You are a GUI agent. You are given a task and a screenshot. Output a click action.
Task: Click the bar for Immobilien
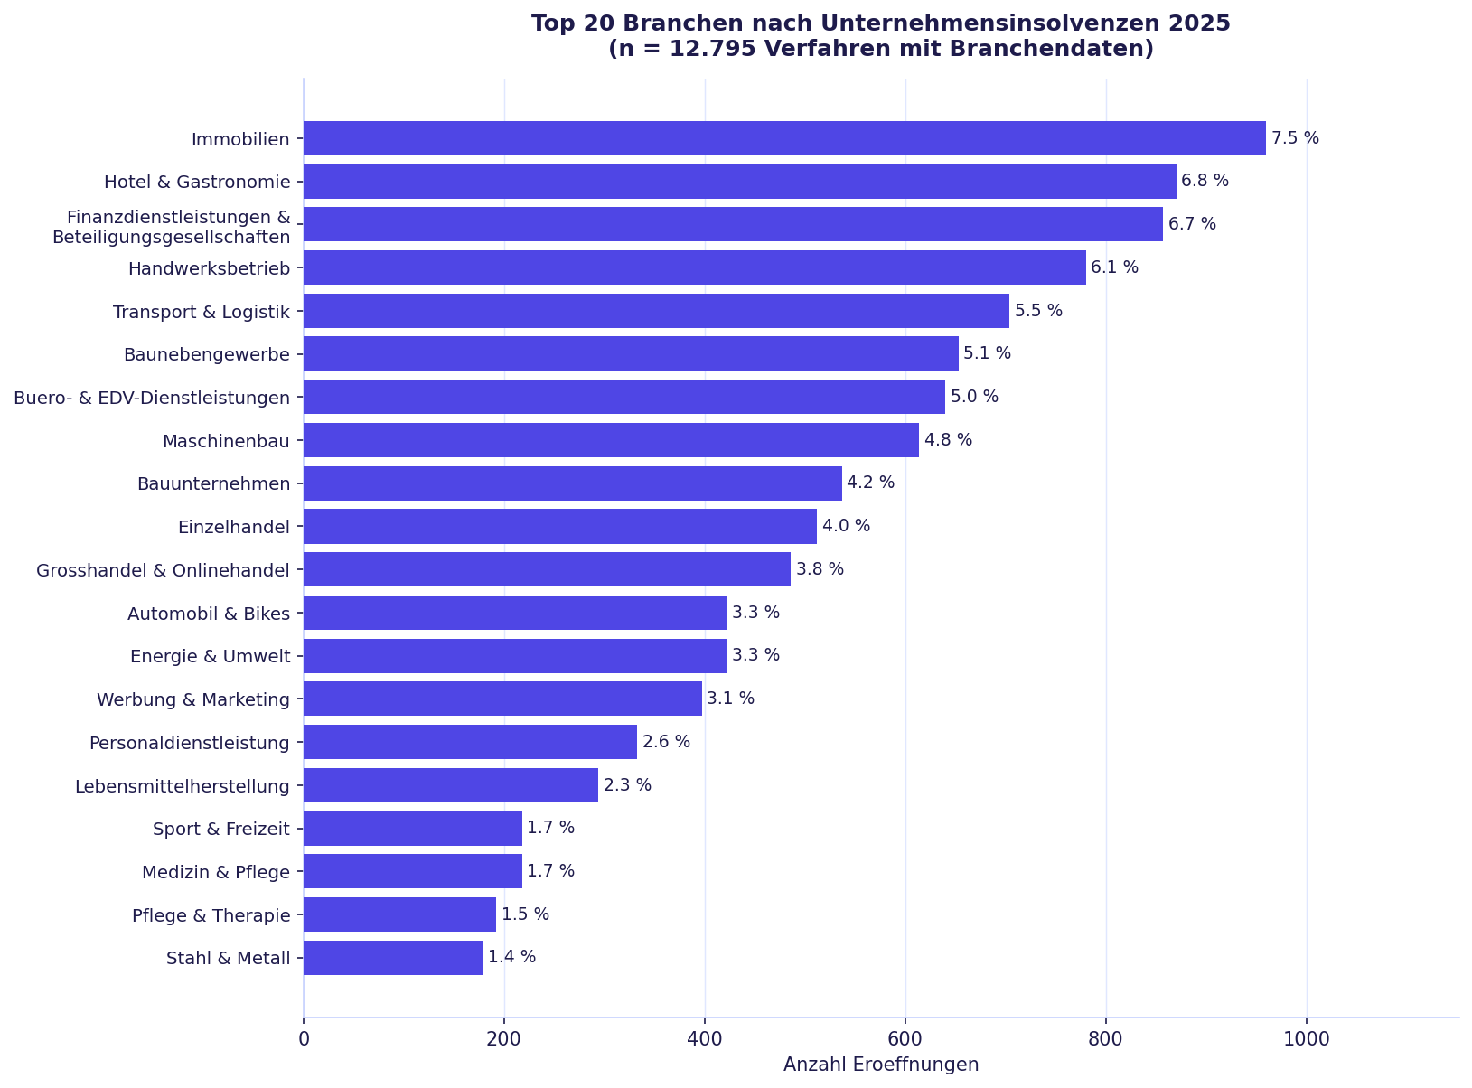pos(784,138)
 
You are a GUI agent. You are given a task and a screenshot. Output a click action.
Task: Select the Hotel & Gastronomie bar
pos(739,182)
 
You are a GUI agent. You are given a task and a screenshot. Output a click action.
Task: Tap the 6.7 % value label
pos(1192,224)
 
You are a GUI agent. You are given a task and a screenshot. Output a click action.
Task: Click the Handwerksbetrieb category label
pos(209,268)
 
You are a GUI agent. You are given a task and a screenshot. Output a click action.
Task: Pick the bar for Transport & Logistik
pos(656,311)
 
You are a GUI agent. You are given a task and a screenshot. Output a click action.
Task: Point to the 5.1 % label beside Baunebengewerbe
pos(987,353)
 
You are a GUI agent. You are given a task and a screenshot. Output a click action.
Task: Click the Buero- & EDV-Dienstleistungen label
pos(152,398)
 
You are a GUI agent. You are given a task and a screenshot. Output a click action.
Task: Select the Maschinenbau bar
pos(611,440)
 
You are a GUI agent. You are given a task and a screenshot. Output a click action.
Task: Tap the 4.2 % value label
pos(870,483)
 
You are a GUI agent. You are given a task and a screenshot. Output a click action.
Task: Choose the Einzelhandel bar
pos(560,526)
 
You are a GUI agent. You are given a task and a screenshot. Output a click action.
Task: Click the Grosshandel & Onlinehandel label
pos(163,570)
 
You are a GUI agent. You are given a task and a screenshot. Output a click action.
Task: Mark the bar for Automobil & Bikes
pos(515,613)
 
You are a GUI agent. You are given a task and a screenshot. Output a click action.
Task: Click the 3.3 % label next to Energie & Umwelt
pos(755,655)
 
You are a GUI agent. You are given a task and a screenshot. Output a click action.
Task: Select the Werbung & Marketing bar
pos(502,699)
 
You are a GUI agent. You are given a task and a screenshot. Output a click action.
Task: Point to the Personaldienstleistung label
pos(190,743)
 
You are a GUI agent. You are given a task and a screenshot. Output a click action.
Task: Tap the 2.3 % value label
pos(627,785)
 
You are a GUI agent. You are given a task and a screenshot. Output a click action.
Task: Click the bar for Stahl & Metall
pos(393,958)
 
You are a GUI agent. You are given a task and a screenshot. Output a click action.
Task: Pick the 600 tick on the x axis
pos(905,1039)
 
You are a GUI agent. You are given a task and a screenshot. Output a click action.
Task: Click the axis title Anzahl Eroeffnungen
pos(881,1065)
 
